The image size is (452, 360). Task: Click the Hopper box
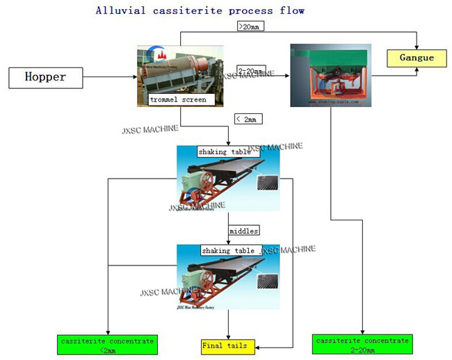pyautogui.click(x=45, y=77)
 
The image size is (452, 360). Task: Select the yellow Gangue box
pyautogui.click(x=417, y=58)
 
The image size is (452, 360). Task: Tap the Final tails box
pyautogui.click(x=224, y=345)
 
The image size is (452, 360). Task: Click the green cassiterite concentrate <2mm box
pyautogui.click(x=108, y=345)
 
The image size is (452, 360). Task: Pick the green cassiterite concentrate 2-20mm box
pyautogui.click(x=362, y=345)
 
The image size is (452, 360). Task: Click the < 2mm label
pyautogui.click(x=247, y=120)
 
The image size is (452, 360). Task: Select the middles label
pyautogui.click(x=243, y=230)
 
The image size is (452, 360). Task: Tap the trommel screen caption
pyautogui.click(x=178, y=99)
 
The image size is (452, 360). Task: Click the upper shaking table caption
pyautogui.click(x=224, y=152)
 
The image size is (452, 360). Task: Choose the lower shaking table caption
pyautogui.click(x=228, y=250)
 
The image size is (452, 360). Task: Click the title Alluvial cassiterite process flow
pyautogui.click(x=200, y=11)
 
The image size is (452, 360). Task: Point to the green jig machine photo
pyautogui.click(x=329, y=74)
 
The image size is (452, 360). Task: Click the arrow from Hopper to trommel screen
pyautogui.click(x=111, y=77)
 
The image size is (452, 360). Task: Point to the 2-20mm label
pyautogui.click(x=250, y=70)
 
